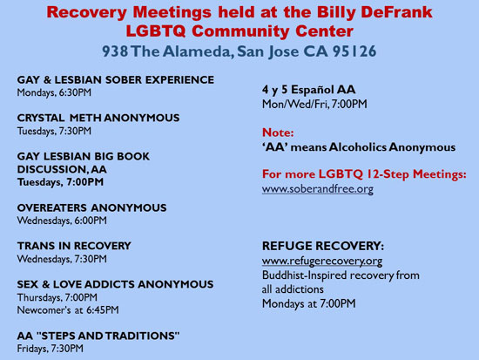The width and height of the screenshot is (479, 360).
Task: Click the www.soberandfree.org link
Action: click(318, 189)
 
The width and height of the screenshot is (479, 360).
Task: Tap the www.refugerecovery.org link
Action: click(322, 261)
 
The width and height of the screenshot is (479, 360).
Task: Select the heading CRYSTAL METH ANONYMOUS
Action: click(98, 118)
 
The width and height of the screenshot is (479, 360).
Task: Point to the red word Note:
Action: click(278, 132)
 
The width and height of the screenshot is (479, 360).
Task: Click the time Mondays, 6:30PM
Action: click(54, 92)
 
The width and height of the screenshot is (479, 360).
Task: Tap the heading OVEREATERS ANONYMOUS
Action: click(92, 207)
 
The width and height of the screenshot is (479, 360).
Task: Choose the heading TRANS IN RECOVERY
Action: click(74, 246)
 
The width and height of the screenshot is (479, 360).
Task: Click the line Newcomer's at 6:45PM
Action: click(68, 310)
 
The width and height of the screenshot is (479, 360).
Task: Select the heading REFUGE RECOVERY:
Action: click(323, 246)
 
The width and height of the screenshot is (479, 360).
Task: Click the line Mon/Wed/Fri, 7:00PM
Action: click(314, 105)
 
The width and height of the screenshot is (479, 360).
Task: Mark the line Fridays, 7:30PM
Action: click(51, 349)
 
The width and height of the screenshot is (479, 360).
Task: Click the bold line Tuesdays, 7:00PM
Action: click(60, 182)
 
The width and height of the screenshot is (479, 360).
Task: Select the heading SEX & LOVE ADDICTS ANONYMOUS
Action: click(116, 284)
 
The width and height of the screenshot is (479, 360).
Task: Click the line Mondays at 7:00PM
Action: click(309, 303)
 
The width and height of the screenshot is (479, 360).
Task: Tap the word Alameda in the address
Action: click(197, 51)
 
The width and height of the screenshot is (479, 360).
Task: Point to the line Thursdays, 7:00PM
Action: click(57, 297)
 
